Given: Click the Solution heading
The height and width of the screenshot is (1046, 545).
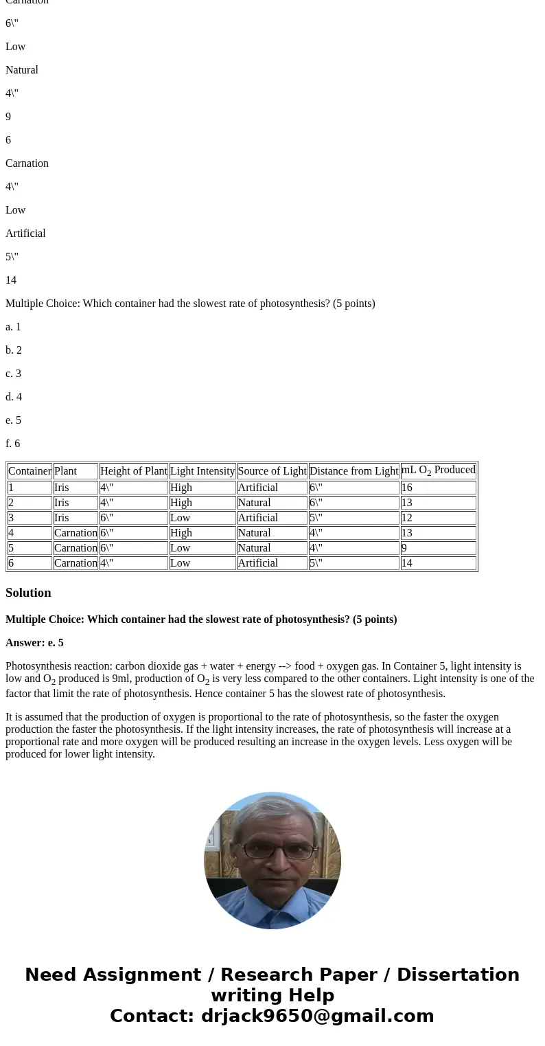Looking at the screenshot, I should pyautogui.click(x=28, y=593).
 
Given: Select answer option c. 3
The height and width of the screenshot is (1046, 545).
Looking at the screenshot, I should pyautogui.click(x=14, y=374).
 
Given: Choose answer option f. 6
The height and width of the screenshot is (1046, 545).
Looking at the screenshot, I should pyautogui.click(x=13, y=444).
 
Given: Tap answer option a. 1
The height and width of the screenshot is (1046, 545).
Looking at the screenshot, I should pyautogui.click(x=14, y=327).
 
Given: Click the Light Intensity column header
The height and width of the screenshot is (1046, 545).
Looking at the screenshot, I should pyautogui.click(x=202, y=471).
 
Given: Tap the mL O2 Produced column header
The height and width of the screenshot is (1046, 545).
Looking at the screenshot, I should pyautogui.click(x=438, y=470).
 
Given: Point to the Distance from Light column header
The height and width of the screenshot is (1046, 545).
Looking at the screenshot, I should pyautogui.click(x=353, y=471).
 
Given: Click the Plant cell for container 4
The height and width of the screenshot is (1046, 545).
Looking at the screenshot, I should pyautogui.click(x=76, y=533).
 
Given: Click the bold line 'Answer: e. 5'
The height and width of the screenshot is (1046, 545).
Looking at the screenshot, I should pyautogui.click(x=34, y=643).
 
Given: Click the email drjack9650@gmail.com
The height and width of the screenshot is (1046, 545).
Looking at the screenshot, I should pyautogui.click(x=317, y=1016).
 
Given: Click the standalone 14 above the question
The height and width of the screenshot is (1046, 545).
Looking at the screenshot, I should pyautogui.click(x=11, y=280).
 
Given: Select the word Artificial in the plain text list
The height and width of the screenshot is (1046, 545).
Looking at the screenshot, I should pyautogui.click(x=25, y=234).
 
